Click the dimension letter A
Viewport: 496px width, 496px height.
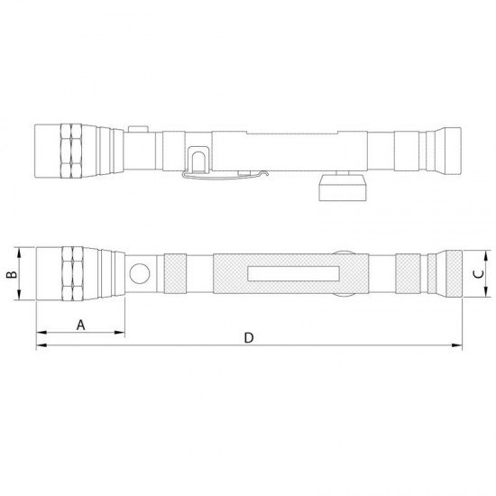coord(81,323)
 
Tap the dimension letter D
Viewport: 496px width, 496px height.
coord(250,338)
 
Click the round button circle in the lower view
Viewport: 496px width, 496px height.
coord(139,272)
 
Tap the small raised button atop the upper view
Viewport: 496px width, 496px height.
coord(137,130)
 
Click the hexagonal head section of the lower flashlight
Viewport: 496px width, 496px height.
coord(71,273)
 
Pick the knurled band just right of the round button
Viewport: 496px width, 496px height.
coord(175,273)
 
